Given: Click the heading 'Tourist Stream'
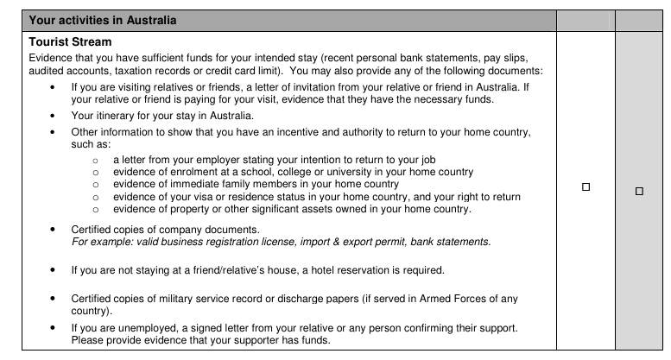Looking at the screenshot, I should (70, 41).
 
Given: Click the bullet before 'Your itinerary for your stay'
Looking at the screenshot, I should (54, 115).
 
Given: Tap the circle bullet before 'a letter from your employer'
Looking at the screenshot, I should (96, 160).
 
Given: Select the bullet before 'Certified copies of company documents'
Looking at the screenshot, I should (54, 229).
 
